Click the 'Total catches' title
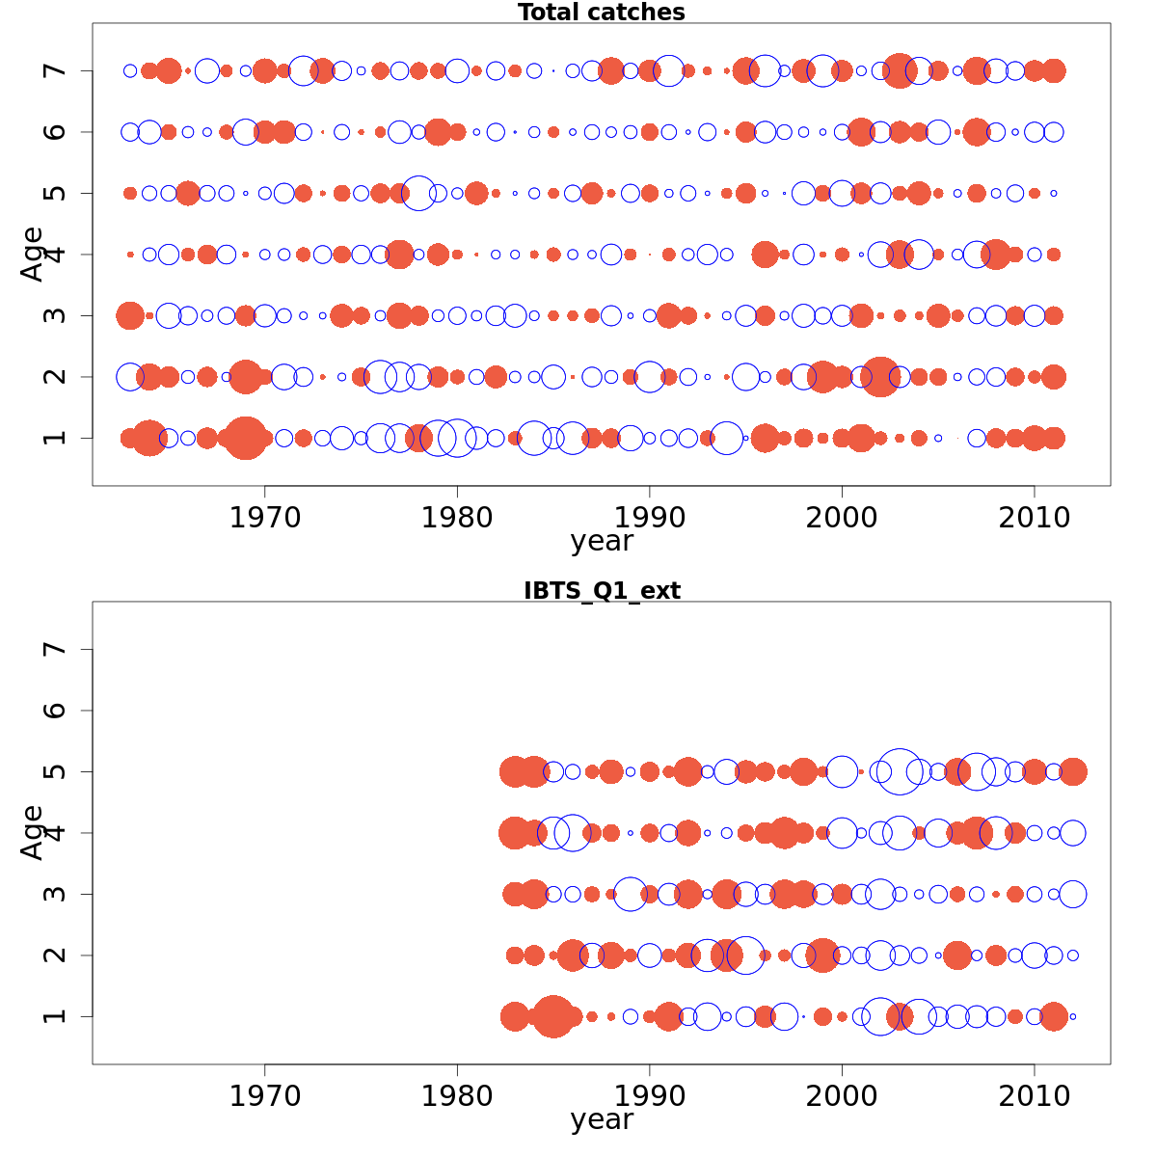click(601, 13)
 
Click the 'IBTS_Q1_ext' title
click(602, 591)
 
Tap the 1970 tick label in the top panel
click(264, 518)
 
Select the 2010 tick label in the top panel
click(1035, 518)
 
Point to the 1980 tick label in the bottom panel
click(457, 1096)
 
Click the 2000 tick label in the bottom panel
click(842, 1096)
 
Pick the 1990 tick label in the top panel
click(649, 518)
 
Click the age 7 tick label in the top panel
click(56, 70)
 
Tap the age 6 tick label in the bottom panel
click(56, 711)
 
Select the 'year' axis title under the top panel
click(602, 542)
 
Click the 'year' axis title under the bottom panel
click(602, 1120)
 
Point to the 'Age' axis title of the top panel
click(33, 254)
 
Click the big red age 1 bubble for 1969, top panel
click(245, 438)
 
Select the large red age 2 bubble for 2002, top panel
click(879, 376)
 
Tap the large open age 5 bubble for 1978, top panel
click(418, 193)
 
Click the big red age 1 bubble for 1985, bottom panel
click(553, 1016)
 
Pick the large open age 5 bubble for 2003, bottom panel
click(900, 771)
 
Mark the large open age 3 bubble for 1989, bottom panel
click(631, 894)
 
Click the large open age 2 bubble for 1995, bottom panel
click(745, 955)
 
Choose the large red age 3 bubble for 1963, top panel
click(130, 315)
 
